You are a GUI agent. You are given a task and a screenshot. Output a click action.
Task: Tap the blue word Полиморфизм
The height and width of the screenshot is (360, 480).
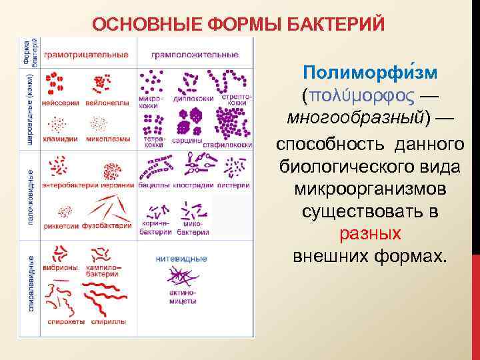point(369,72)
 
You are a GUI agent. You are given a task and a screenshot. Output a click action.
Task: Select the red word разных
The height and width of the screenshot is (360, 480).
point(370,234)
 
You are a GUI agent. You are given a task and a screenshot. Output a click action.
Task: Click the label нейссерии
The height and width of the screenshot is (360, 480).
point(60,103)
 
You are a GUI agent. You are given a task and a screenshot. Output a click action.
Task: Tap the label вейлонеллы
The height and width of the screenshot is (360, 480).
point(102,103)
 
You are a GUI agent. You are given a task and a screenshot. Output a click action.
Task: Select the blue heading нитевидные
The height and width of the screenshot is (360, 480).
point(180,259)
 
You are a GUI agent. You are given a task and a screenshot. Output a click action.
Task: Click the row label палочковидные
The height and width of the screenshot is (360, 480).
point(31,195)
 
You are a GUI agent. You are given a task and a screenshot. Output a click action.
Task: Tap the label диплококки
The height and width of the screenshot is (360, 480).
point(193,99)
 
